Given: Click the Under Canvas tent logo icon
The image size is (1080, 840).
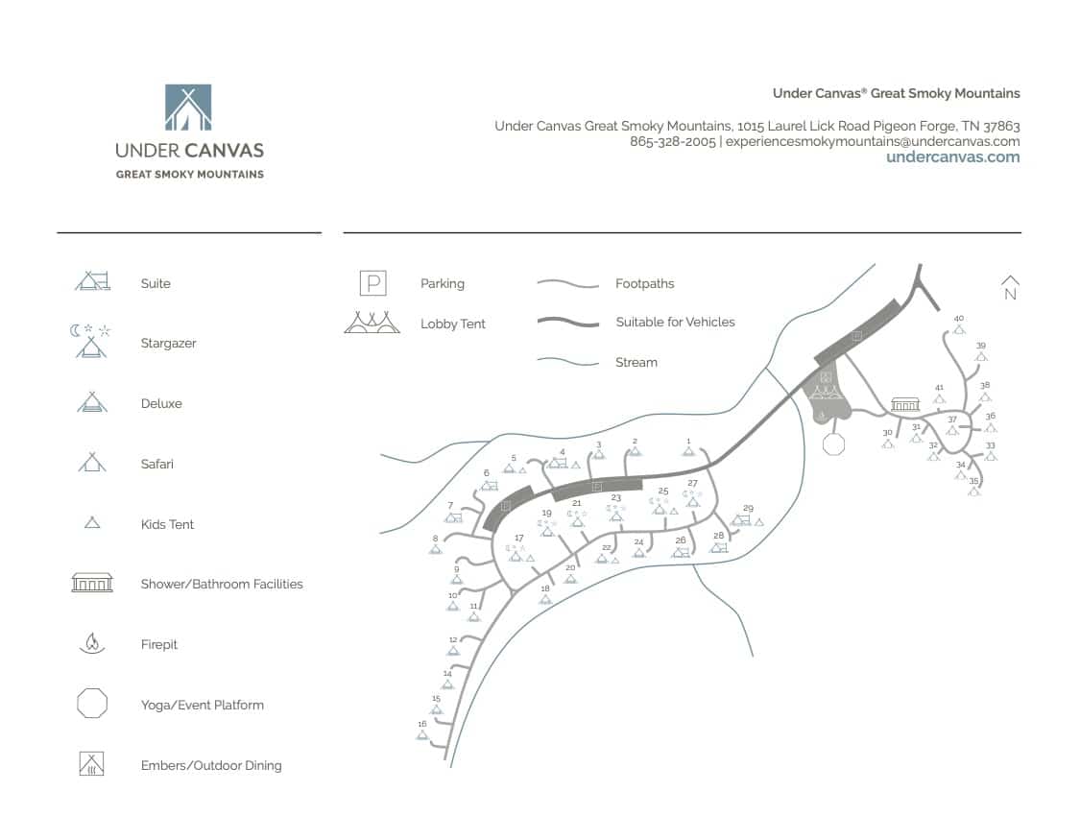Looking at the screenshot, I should tap(188, 107).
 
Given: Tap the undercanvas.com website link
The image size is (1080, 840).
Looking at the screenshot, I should tap(952, 157).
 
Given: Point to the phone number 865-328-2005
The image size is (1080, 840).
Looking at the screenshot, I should tap(672, 141).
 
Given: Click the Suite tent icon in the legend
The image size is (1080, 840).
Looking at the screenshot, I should tap(93, 281).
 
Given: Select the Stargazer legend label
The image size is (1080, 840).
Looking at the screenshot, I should tap(168, 344).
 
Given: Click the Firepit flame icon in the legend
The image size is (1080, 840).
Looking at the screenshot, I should tap(92, 643).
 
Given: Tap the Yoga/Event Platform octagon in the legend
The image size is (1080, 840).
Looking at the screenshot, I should tap(92, 704).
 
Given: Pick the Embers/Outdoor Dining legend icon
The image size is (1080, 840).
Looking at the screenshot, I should tap(92, 764).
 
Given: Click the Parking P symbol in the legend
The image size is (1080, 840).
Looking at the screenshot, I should tap(372, 283).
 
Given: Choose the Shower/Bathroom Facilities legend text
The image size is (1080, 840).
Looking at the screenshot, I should tap(222, 584).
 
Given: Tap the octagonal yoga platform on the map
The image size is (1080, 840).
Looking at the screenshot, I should tap(833, 444).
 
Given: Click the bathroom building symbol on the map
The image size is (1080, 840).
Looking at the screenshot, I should tap(905, 404).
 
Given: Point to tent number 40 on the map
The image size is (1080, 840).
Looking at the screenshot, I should tap(958, 328).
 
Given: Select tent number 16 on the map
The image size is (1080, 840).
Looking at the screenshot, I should tap(421, 734).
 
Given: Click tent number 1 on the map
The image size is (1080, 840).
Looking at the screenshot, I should tap(688, 450).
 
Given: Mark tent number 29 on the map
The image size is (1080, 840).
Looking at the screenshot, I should tap(741, 519).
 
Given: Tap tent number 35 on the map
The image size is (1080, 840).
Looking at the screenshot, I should tap(974, 491).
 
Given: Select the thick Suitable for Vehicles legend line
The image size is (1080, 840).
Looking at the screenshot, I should tap(568, 323).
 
